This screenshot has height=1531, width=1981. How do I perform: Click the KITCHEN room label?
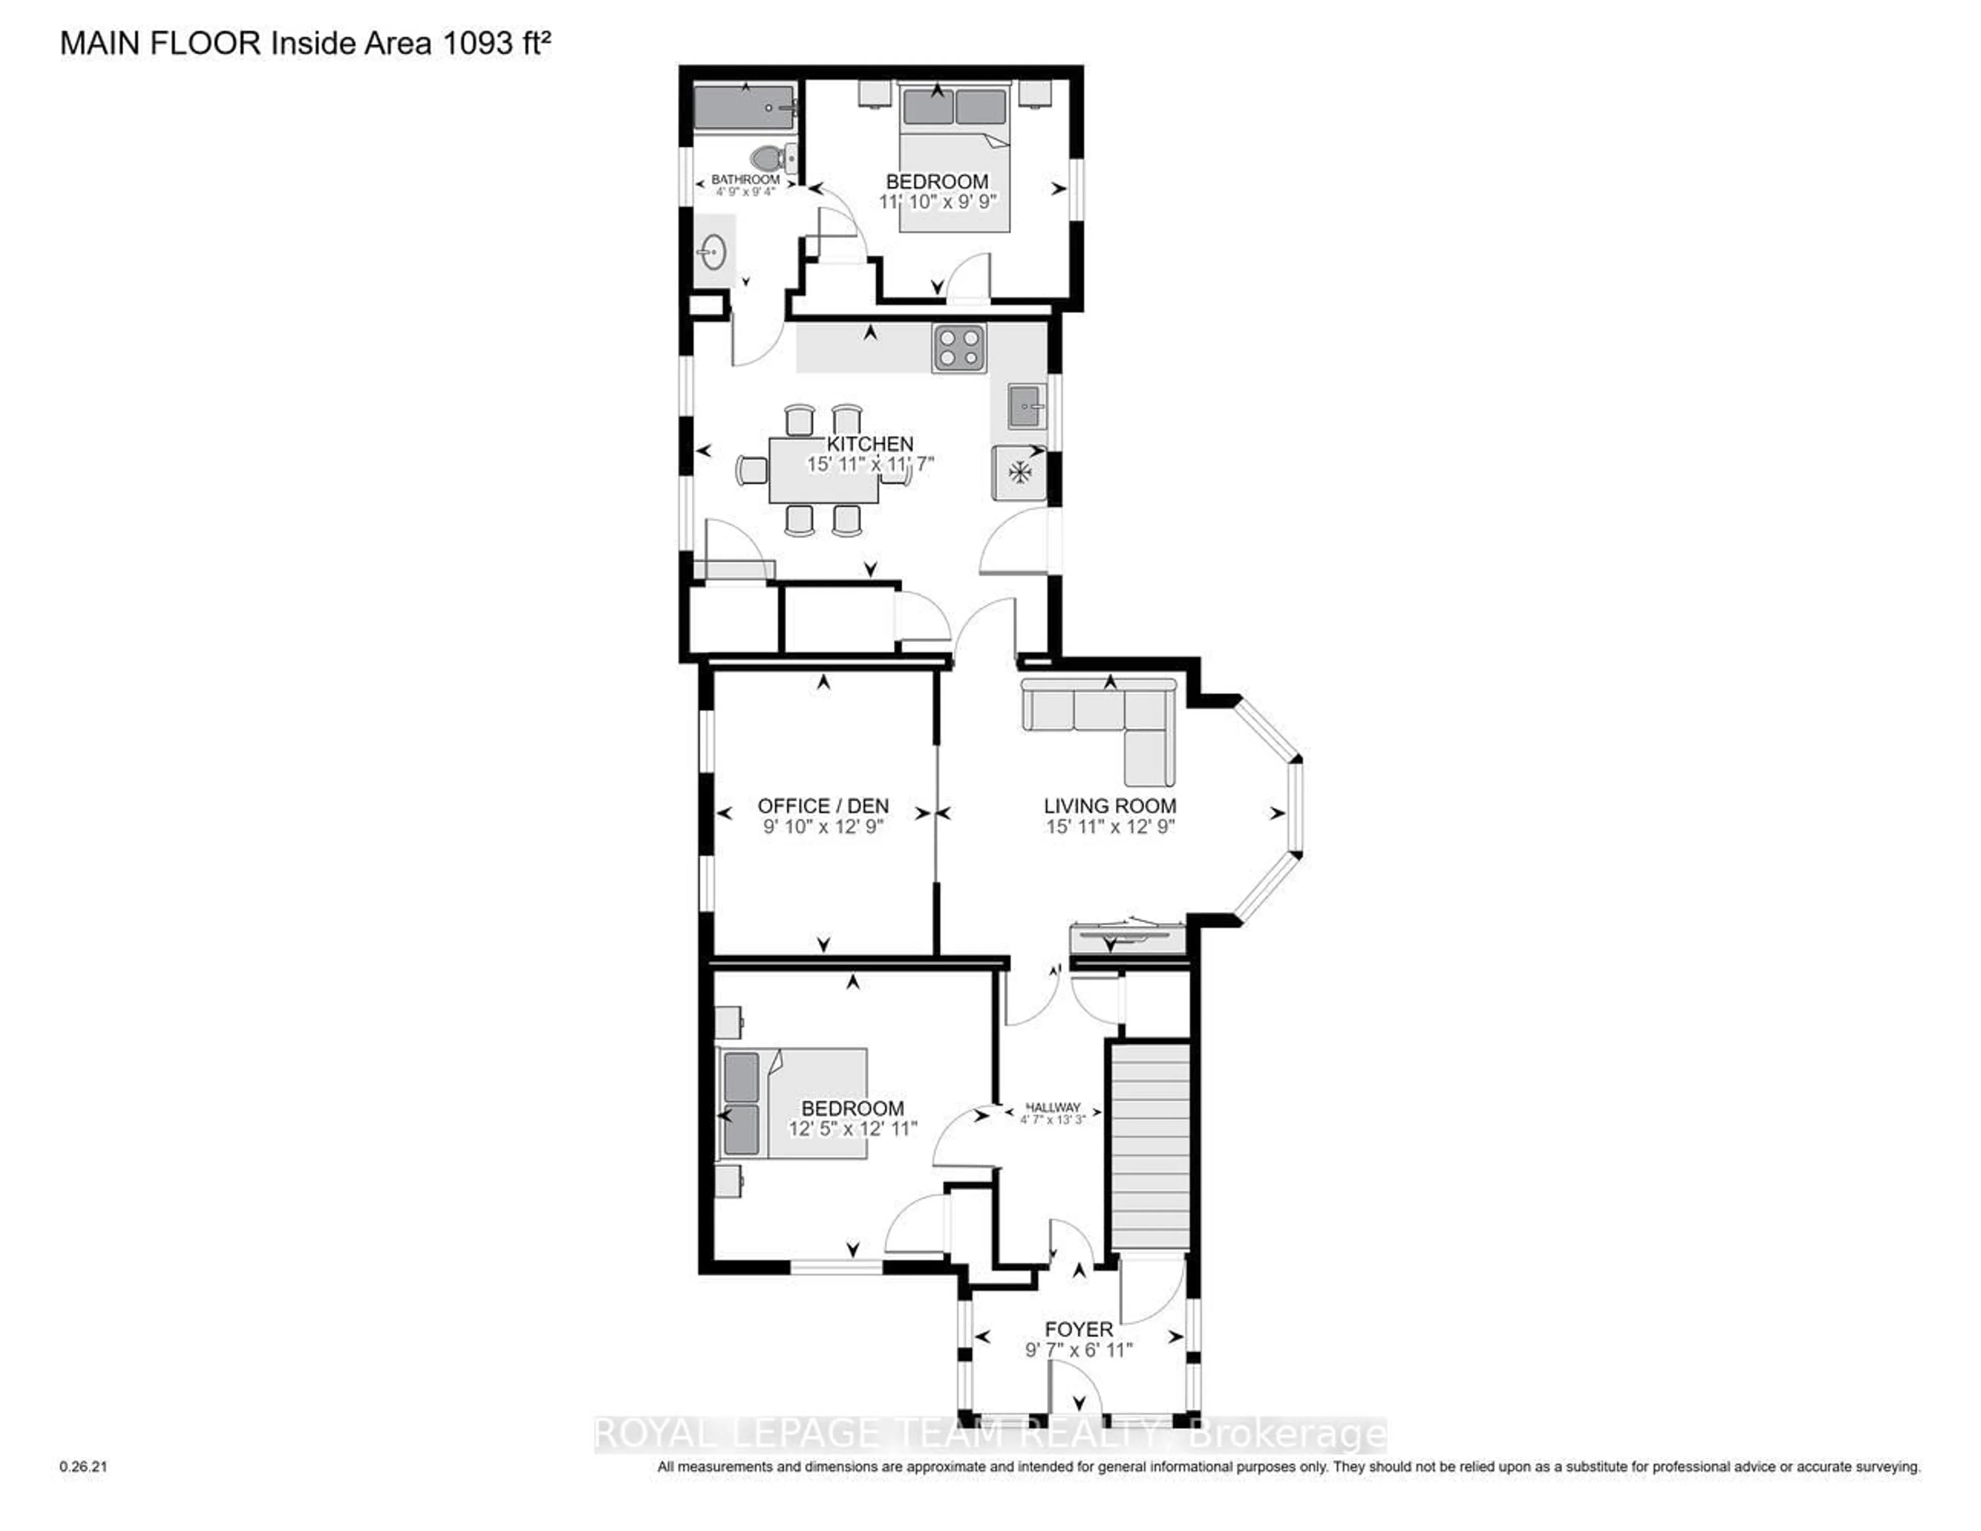pos(870,444)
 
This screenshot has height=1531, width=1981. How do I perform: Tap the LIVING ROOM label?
pos(1110,805)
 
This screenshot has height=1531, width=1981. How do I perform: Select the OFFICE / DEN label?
pos(823,805)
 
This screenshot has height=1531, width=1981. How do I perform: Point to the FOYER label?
pos(1079,1330)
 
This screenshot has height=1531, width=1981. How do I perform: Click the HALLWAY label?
pos(1053,1107)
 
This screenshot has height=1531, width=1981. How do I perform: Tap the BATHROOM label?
pos(745,180)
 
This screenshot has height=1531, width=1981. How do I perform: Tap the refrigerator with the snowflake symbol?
pos(1019,473)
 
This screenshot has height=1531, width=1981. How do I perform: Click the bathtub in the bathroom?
pos(745,108)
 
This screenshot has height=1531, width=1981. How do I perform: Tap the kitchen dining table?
pos(823,470)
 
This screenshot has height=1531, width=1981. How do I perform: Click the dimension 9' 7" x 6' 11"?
pos(1079,1350)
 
